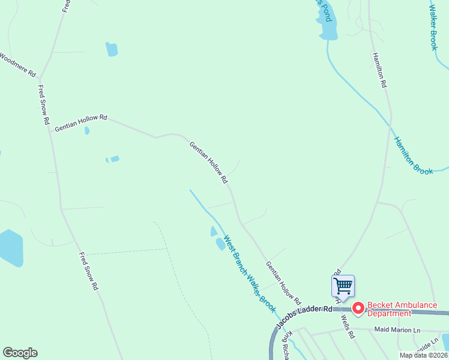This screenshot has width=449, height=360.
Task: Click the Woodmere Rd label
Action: pyautogui.click(x=18, y=65)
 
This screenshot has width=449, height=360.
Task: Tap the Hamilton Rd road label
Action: pyautogui.click(x=379, y=70)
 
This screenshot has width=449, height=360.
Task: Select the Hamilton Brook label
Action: pyautogui.click(x=413, y=155)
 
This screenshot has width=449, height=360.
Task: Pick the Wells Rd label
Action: pyautogui.click(x=348, y=326)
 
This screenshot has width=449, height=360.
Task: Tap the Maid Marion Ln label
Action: pyautogui.click(x=398, y=329)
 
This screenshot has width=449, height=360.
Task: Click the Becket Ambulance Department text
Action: pyautogui.click(x=402, y=308)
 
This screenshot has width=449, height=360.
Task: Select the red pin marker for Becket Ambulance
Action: pyautogui.click(x=358, y=308)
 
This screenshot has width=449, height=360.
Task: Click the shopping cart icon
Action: pyautogui.click(x=343, y=285)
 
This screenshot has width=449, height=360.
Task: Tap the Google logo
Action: pyautogui.click(x=20, y=353)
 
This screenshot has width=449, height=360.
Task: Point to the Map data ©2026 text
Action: pyautogui.click(x=423, y=355)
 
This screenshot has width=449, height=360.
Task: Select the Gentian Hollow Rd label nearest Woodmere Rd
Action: pyautogui.click(x=80, y=124)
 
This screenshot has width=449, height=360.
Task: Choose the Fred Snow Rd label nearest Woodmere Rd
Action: pyautogui.click(x=43, y=104)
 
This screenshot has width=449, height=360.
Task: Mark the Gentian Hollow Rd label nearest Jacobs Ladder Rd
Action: pyautogui.click(x=283, y=281)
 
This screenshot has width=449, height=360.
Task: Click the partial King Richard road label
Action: pyautogui.click(x=289, y=345)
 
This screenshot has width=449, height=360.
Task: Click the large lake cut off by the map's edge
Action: pyautogui.click(x=10, y=247)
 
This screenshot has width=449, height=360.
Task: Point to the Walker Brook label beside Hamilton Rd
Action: pyautogui.click(x=433, y=27)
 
